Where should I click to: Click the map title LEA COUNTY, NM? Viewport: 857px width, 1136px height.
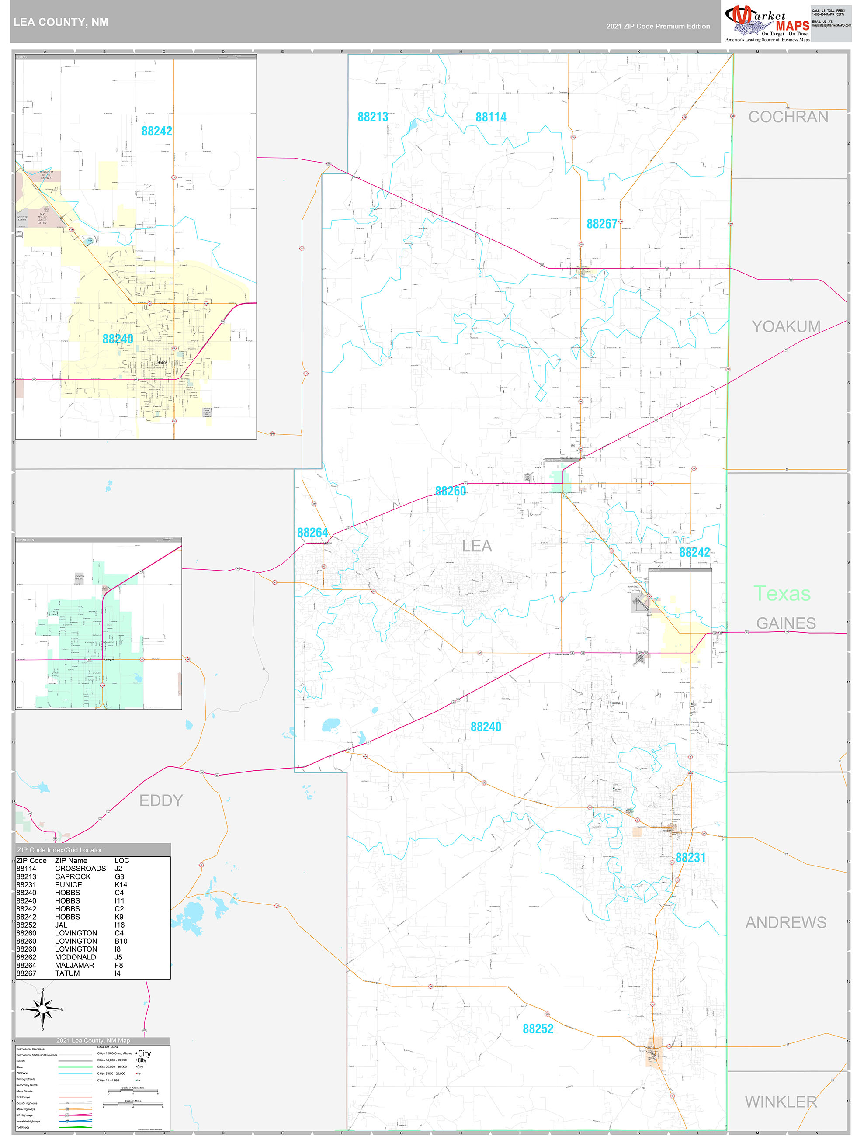pos(61,22)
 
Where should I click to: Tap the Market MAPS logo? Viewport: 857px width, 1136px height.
pos(767,24)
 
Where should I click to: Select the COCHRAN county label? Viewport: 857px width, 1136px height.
pos(788,117)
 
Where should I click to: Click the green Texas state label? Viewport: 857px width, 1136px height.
pos(781,594)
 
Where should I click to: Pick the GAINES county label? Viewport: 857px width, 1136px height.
pos(786,623)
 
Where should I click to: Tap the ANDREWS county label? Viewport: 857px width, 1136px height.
pos(786,923)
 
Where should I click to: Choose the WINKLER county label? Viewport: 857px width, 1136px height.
pos(781,1102)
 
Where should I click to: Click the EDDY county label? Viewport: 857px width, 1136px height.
pos(161,800)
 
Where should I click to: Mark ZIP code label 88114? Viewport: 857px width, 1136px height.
pos(491,117)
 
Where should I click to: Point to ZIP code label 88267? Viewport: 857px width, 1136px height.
pos(602,224)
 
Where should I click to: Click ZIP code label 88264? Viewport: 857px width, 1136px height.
pos(312,533)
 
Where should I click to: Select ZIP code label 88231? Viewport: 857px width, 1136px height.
pos(690,858)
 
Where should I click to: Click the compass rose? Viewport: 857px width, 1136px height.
pos(43,1009)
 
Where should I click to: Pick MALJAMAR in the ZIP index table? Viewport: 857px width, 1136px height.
pos(74,966)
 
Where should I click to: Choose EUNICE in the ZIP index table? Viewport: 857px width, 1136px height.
pos(68,885)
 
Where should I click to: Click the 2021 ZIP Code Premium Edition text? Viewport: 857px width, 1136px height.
pos(658,26)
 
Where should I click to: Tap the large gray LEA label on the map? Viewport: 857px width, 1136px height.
pos(477,546)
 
